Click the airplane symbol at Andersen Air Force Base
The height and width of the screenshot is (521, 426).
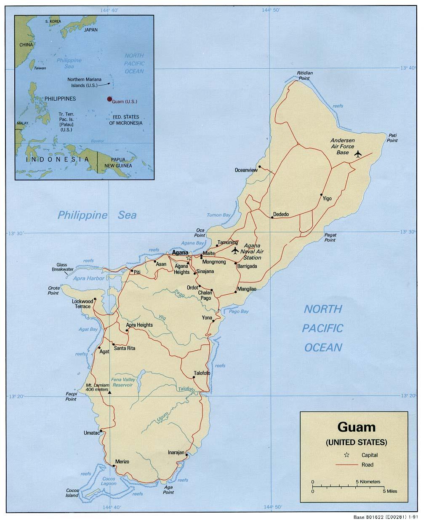coord(358,154)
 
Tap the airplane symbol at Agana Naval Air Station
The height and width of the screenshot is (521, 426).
coord(235,251)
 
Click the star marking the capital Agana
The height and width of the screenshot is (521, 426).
coord(189,258)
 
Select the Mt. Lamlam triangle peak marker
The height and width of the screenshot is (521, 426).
coord(110,392)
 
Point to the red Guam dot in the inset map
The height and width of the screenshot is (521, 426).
coord(109,99)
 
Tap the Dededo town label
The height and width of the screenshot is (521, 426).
coord(281,215)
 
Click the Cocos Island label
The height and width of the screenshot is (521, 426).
coord(72,493)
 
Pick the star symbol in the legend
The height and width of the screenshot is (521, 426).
coord(346,455)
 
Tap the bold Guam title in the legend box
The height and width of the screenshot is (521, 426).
coord(356,427)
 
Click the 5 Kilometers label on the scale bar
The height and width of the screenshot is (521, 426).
coord(368,481)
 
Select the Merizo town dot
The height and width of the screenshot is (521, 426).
coord(114,466)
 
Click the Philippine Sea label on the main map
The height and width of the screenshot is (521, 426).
coord(97,215)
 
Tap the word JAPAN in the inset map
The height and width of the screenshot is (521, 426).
coord(91,30)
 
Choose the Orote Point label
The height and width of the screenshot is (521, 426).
coord(53,290)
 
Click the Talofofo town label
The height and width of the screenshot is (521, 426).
coord(202,373)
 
